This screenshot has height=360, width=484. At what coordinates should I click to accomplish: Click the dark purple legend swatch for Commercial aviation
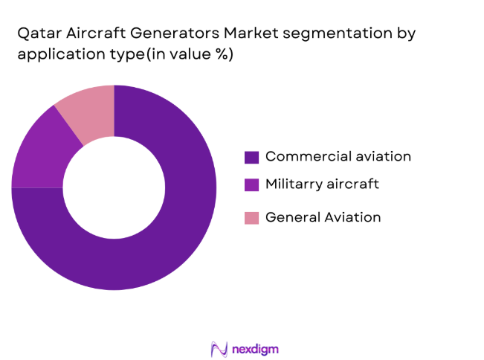coord(252,157)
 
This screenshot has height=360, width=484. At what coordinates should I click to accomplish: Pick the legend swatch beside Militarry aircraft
coord(252,184)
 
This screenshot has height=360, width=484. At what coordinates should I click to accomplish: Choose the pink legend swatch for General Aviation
coord(252,218)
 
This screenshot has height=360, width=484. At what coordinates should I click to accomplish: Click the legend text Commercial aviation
coord(338,156)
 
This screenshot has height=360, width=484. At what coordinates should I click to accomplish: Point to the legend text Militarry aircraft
coord(322,184)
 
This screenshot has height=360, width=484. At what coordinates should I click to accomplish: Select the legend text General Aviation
coord(323,217)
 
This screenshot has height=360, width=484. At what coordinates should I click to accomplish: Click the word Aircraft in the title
coord(93,34)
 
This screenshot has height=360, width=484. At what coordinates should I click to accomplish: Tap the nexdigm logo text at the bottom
coord(255,348)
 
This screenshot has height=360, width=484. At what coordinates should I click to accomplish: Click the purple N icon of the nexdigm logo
coord(219,348)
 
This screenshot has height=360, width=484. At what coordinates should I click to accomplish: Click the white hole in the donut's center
coord(114,187)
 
